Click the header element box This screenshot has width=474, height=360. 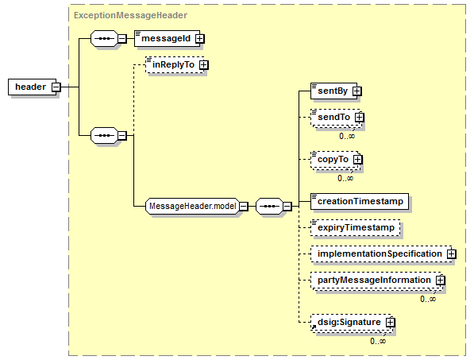point(33,87)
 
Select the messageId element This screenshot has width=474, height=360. point(168,38)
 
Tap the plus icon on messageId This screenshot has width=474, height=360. point(200,39)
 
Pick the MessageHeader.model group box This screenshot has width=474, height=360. point(193,207)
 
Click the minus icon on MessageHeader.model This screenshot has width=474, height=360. point(244,207)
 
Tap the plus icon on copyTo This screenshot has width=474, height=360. point(358,160)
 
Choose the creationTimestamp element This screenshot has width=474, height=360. point(360,202)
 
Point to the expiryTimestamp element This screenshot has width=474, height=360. point(356,228)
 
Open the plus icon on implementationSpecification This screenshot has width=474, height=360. point(452,254)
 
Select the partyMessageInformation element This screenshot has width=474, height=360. point(376,281)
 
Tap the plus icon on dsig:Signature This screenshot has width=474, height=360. point(391,323)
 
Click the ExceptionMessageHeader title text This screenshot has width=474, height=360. point(130,15)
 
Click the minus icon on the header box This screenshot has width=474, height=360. point(56,87)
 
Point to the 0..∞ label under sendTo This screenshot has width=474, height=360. point(347,136)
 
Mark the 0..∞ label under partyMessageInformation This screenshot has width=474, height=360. point(428,299)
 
